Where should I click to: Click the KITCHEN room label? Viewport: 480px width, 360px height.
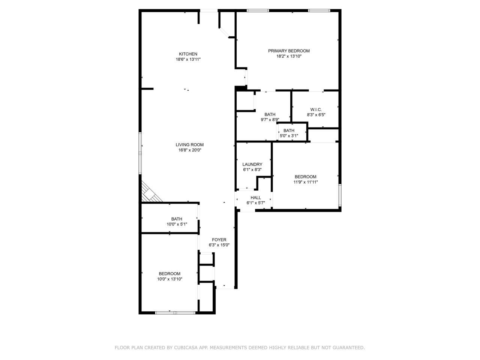pyautogui.click(x=188, y=54)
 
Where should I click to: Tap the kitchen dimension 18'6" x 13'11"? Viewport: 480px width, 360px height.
pyautogui.click(x=188, y=59)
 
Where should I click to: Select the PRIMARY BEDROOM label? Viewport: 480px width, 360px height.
pyautogui.click(x=289, y=51)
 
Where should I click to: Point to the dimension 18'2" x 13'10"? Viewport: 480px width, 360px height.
pyautogui.click(x=289, y=56)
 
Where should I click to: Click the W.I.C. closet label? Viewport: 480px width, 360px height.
pyautogui.click(x=316, y=109)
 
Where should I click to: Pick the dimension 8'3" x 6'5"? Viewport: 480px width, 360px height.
pyautogui.click(x=316, y=115)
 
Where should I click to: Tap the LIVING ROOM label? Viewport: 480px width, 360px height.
pyautogui.click(x=190, y=145)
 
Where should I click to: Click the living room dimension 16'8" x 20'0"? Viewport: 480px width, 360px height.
pyautogui.click(x=190, y=150)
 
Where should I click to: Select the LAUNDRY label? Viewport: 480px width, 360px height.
pyautogui.click(x=252, y=164)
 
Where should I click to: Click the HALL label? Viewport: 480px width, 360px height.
pyautogui.click(x=256, y=198)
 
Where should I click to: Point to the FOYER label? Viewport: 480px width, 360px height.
pyautogui.click(x=219, y=240)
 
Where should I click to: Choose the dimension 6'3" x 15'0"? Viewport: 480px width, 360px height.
pyautogui.click(x=219, y=245)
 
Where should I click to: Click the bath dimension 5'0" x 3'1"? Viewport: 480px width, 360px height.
pyautogui.click(x=289, y=136)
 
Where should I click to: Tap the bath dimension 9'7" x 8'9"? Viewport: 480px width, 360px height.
pyautogui.click(x=270, y=120)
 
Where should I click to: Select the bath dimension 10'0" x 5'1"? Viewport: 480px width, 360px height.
pyautogui.click(x=177, y=224)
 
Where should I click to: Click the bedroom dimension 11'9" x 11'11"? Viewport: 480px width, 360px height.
pyautogui.click(x=305, y=182)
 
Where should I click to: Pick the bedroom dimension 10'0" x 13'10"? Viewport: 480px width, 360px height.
pyautogui.click(x=169, y=279)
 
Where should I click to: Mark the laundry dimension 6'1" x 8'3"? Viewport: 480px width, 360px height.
pyautogui.click(x=252, y=169)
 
